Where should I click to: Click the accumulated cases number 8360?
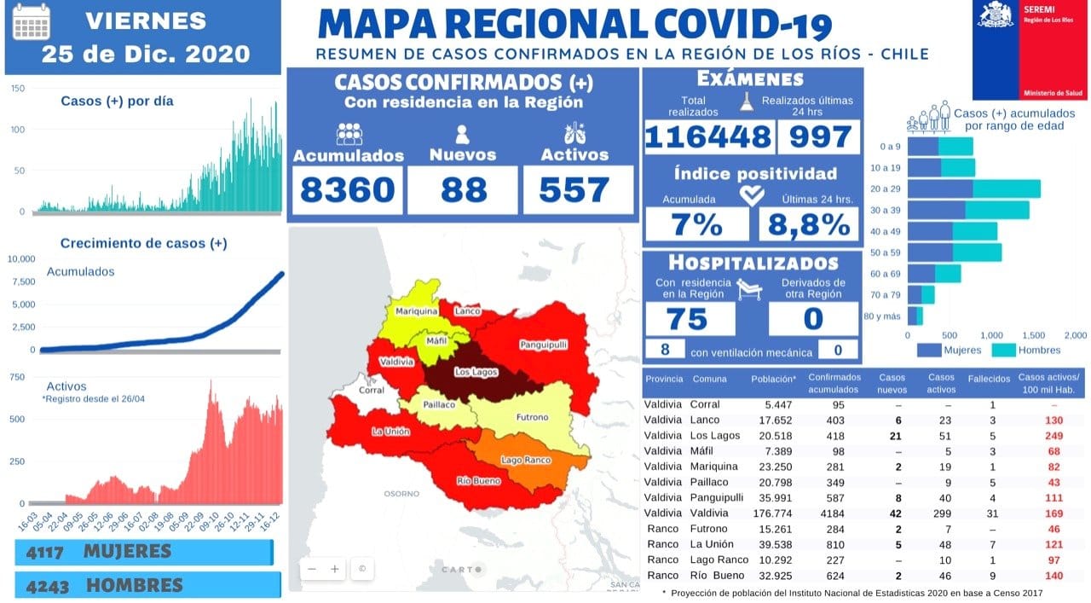tap(348, 189)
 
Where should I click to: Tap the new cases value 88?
tap(463, 189)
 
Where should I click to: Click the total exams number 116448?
tap(708, 137)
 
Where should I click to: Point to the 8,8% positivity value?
tap(809, 224)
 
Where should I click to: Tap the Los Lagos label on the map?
tap(473, 372)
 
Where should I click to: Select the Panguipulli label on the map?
tap(543, 345)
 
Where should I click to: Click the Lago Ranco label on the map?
tap(525, 461)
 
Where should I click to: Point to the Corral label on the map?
tap(372, 390)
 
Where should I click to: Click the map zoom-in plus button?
tap(335, 568)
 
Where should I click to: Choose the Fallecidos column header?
tap(990, 378)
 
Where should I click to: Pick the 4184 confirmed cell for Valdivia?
tap(826, 513)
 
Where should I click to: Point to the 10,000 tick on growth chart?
tap(21, 258)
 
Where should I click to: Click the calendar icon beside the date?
tap(32, 22)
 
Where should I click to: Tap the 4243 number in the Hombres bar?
tap(46, 585)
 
